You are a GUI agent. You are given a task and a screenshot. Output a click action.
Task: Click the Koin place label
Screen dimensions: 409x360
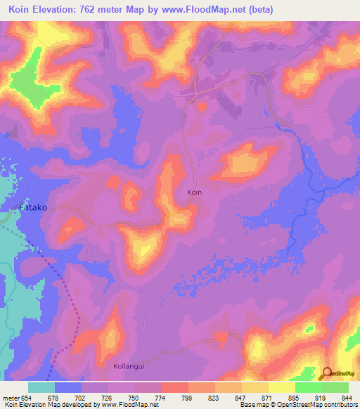[x=195, y=192]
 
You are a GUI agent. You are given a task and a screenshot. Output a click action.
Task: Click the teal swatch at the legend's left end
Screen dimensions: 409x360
[x=41, y=387]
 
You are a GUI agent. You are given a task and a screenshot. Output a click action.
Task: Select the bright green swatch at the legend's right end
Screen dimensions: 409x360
[x=335, y=387]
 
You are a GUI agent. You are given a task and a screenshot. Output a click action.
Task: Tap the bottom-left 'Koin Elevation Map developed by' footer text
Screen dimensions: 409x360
[x=49, y=405]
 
